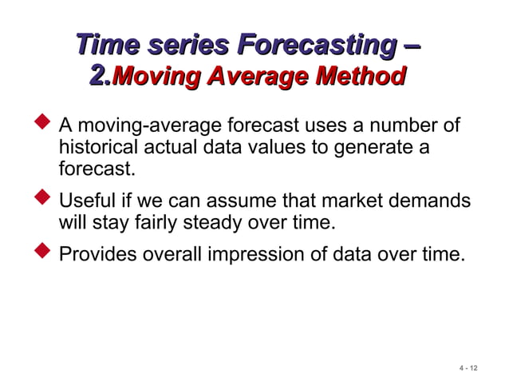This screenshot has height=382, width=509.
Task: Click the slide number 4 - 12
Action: (x=468, y=368)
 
